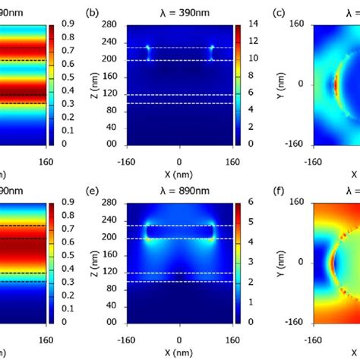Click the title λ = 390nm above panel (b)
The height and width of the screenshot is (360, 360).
[179, 13]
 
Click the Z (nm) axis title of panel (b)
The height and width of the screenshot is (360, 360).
[93, 84]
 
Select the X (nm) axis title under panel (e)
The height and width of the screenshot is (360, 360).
[179, 352]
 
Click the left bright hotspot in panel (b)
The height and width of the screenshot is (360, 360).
[148, 51]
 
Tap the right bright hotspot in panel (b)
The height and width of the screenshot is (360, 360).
[212, 51]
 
